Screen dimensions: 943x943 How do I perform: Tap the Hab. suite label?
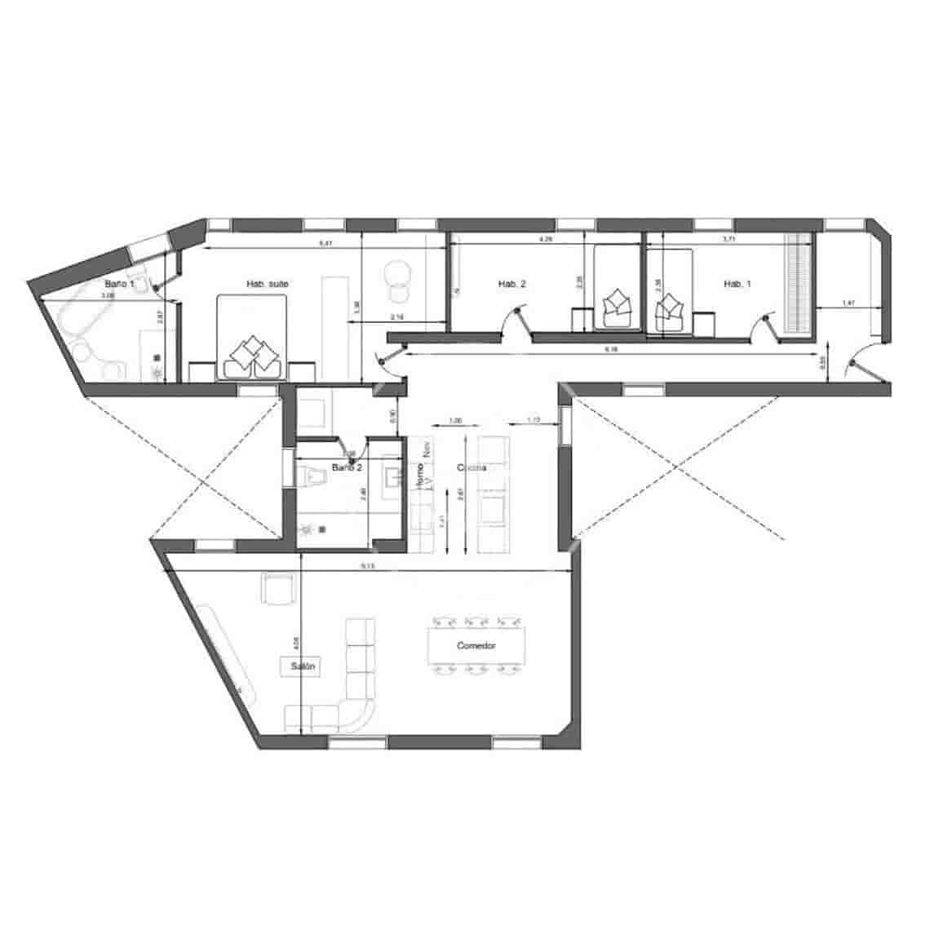pyautogui.click(x=268, y=284)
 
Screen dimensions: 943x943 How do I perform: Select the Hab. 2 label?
pyautogui.click(x=511, y=284)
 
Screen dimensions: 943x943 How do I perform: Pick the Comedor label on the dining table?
pyautogui.click(x=476, y=645)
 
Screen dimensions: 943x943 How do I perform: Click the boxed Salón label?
pyautogui.click(x=300, y=666)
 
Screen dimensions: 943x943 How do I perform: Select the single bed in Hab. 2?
pyautogui.click(x=617, y=287)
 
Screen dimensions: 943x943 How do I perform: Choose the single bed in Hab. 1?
pyautogui.click(x=670, y=290)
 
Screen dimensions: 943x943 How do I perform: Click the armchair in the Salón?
pyautogui.click(x=277, y=589)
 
